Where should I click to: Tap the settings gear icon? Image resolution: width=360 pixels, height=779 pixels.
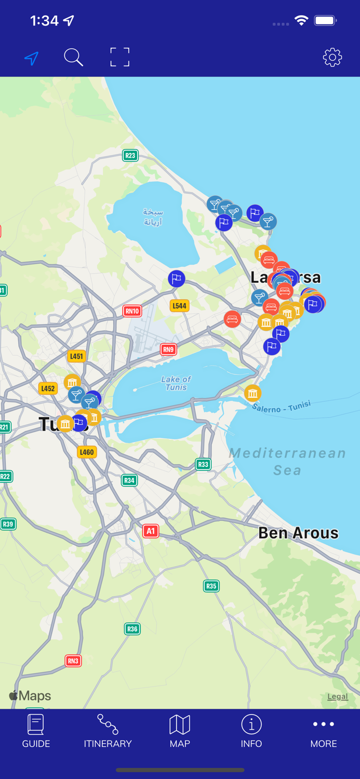332,57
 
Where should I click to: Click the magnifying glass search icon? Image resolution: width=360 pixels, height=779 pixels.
73,57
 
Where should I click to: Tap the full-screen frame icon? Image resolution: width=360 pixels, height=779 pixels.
119,57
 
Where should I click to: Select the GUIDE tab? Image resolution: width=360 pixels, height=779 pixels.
36,731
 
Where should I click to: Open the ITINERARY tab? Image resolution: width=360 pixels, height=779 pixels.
108,731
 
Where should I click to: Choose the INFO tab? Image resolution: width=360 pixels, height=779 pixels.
251,731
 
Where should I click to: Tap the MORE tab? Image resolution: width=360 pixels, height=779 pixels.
323,731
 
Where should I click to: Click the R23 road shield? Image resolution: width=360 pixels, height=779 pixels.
130,155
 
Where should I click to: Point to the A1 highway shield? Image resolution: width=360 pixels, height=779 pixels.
151,531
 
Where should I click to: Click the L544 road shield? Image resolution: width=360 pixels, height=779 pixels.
179,306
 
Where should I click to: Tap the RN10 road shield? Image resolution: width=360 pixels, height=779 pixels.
132,311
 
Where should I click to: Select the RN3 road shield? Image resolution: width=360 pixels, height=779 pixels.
73,661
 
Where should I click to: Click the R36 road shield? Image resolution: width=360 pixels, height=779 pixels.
132,629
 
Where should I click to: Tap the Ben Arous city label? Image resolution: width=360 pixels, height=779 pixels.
298,533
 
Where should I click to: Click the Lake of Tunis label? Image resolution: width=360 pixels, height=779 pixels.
176,383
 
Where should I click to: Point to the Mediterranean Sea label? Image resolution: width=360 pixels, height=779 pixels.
287,461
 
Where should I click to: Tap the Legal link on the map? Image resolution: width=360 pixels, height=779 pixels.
337,696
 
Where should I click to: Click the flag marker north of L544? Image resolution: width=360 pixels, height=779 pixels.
177,279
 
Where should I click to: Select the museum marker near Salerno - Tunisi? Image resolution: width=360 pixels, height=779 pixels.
252,393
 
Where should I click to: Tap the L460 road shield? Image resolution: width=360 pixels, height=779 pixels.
87,452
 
